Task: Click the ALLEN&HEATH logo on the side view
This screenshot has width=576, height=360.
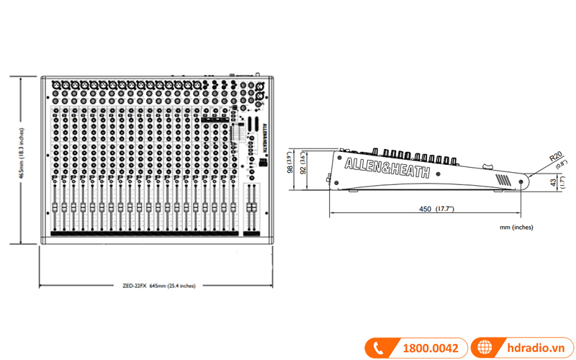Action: click(x=387, y=168)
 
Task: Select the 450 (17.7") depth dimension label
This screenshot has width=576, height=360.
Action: click(x=434, y=209)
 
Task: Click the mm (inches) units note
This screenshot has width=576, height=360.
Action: click(x=516, y=227)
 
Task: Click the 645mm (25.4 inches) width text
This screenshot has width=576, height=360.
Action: click(x=172, y=286)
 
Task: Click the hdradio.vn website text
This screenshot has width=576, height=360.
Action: click(x=534, y=348)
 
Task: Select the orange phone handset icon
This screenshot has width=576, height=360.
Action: click(x=377, y=348)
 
